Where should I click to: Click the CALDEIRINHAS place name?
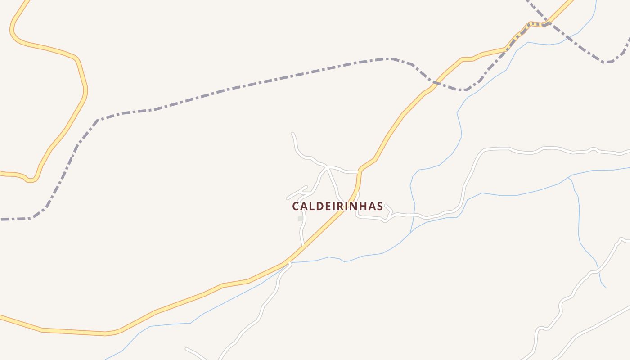[337, 206]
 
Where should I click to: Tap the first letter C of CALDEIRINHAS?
[296, 206]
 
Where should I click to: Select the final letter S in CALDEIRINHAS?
[380, 206]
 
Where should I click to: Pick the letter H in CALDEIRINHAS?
[364, 206]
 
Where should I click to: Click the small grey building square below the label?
[300, 219]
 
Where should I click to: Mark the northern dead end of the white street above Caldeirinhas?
[292, 134]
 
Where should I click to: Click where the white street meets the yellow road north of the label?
[359, 172]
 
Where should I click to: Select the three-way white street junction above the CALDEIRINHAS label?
[327, 168]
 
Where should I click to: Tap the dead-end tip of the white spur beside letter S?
[386, 205]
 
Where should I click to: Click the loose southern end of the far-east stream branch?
[606, 288]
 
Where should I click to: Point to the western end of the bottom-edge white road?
[186, 348]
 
